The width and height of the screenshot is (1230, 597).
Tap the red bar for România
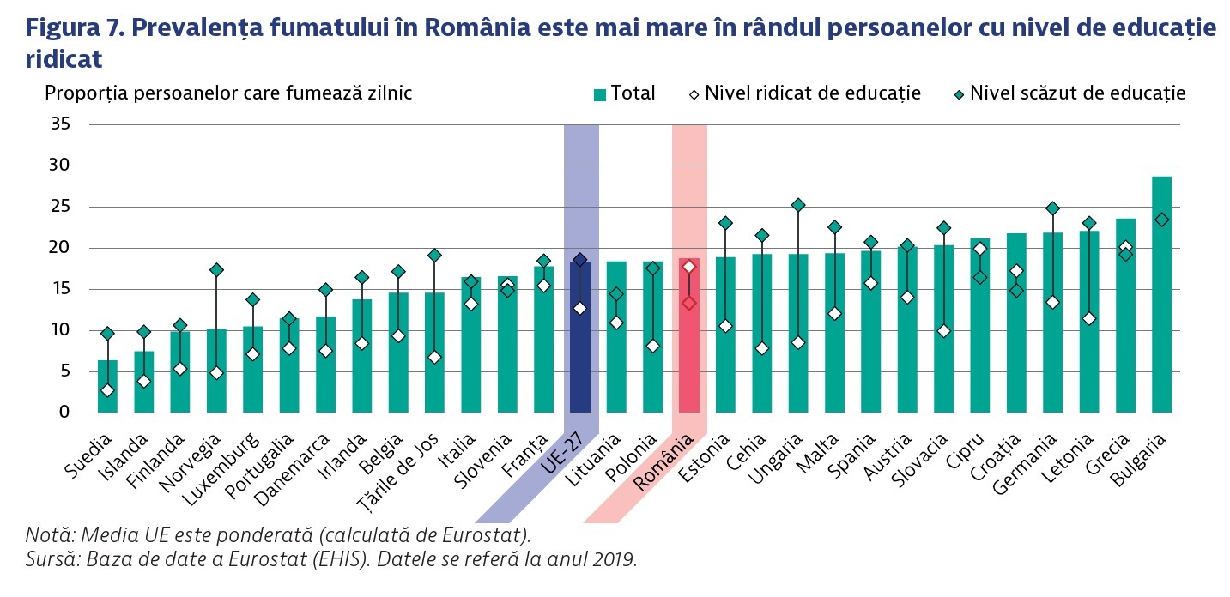(x=689, y=335)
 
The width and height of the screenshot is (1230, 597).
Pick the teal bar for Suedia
(x=107, y=386)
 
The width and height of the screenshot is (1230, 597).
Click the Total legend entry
(x=624, y=93)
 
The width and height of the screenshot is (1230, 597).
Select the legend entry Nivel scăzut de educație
(x=1068, y=93)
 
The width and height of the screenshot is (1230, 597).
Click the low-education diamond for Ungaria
(x=798, y=205)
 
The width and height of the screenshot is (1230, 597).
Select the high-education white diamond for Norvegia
(x=216, y=373)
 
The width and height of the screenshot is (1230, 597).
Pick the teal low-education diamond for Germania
(x=1052, y=208)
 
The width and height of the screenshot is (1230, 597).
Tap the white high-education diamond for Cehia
(x=762, y=348)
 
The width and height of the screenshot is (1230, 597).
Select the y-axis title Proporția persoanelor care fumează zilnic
(x=228, y=93)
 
